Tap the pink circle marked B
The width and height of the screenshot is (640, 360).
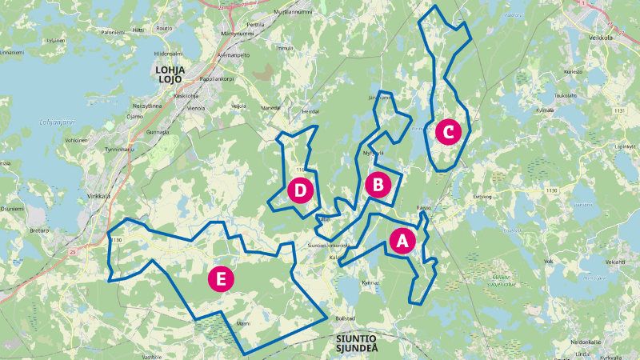378,185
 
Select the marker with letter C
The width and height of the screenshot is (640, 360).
448,131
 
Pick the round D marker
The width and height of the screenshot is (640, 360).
300,190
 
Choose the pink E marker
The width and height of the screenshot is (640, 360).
221,278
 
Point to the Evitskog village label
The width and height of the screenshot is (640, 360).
481,195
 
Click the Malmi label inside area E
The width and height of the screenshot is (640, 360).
243,324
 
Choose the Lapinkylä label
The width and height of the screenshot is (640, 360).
624,147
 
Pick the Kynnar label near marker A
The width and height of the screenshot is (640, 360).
370,282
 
